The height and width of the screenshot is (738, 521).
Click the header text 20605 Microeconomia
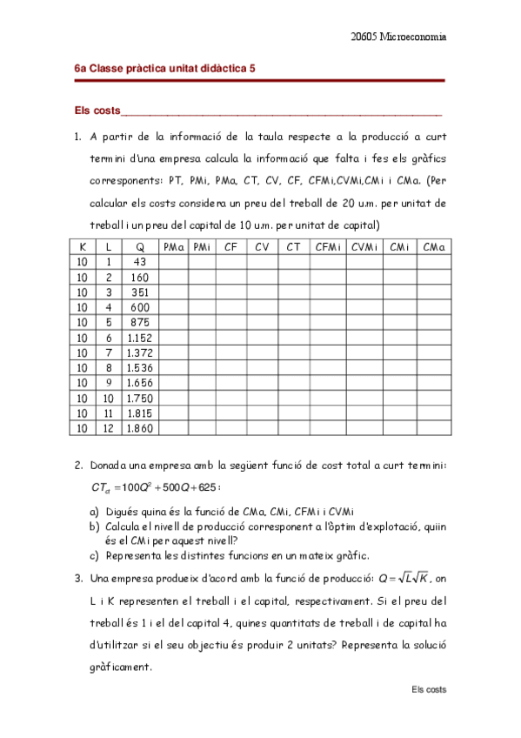[x=398, y=37]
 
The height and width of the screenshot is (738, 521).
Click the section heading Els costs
[x=97, y=111]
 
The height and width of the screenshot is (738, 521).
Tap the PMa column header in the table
[x=174, y=248]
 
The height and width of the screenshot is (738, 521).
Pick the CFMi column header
[x=328, y=248]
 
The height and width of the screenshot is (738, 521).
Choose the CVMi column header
[x=364, y=248]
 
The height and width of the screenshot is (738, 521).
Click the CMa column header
[x=433, y=248]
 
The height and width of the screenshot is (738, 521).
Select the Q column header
[x=141, y=248]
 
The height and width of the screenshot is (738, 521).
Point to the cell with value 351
[x=141, y=292]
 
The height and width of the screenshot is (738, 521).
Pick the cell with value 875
[x=141, y=323]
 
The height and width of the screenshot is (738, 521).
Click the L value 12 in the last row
[x=108, y=428]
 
